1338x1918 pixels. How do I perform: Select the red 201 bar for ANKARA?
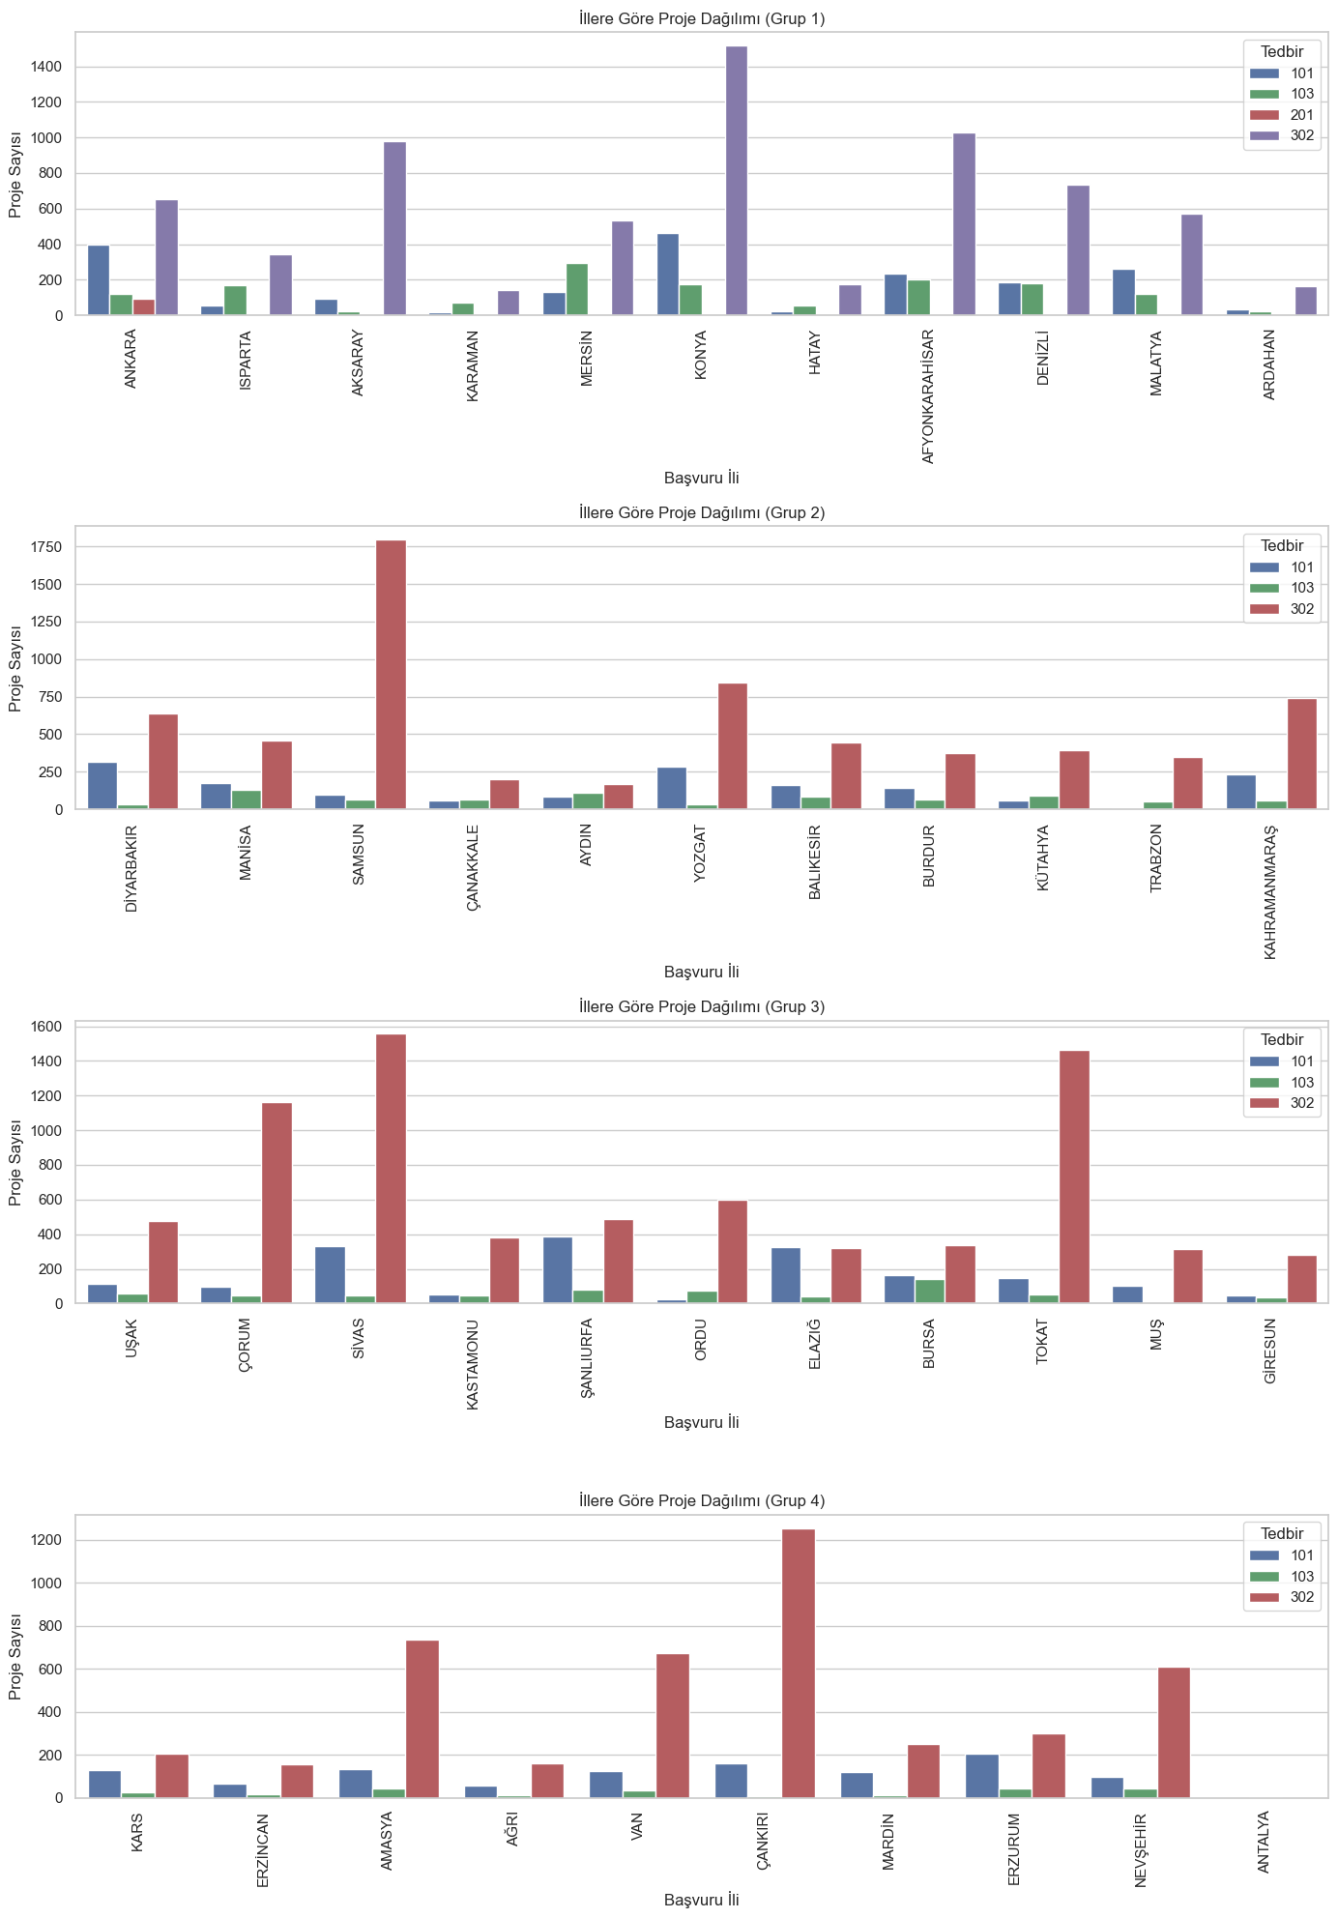144,307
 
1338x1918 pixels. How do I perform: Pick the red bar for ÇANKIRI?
799,1664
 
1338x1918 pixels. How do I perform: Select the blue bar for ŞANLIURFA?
557,1270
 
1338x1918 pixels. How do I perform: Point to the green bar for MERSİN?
577,290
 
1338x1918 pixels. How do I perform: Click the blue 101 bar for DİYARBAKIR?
102,786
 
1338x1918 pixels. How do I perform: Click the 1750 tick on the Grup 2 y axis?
51,547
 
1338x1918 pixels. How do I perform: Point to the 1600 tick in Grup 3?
49,1027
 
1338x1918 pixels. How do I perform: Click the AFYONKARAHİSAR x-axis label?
928,396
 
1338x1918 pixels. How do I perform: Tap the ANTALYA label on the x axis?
1264,1842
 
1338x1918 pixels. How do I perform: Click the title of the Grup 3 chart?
702,1006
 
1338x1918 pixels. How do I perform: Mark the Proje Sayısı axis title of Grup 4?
15,1656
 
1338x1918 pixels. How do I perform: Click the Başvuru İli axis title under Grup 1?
702,478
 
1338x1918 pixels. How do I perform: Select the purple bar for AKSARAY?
394,229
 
